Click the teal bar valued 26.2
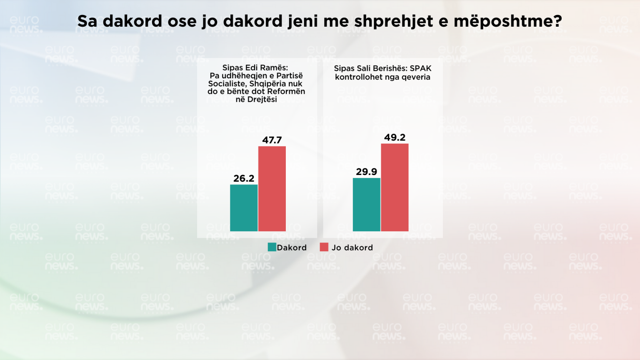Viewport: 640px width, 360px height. (244, 208)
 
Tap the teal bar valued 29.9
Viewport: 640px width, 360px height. (367, 205)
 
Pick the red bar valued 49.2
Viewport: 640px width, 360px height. (395, 187)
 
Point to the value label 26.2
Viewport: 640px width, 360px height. (244, 178)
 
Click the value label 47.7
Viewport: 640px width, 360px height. (272, 140)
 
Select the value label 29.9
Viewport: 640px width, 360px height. (367, 172)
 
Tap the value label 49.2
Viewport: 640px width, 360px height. (395, 137)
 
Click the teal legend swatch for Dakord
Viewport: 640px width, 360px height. (272, 247)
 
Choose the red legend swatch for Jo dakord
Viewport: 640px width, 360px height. (324, 247)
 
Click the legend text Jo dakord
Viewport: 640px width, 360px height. (352, 247)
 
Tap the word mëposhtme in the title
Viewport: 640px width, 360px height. (507, 21)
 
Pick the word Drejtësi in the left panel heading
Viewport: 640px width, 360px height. (262, 99)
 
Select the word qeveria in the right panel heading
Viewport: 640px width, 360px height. (415, 77)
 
